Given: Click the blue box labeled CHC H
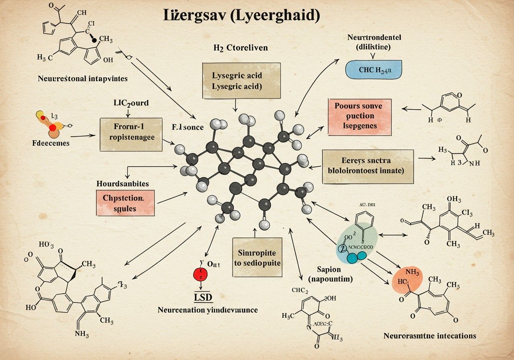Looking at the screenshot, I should (373, 69).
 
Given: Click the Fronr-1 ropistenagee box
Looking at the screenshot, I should (131, 134).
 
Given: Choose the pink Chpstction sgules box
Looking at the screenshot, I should (125, 203).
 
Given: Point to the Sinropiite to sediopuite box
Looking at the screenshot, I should (257, 258).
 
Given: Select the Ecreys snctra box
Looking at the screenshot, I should (367, 167).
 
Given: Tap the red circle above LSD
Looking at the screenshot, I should (200, 274).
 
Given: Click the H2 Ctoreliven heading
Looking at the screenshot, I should (241, 48).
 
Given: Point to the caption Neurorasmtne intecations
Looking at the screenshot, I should (430, 335).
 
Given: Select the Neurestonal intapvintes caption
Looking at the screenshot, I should (83, 78).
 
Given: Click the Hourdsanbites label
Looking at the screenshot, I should (123, 184).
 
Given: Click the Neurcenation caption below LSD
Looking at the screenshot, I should (207, 310).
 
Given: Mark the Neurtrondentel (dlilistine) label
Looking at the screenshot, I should (374, 42).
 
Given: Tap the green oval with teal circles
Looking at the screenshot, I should (357, 243).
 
